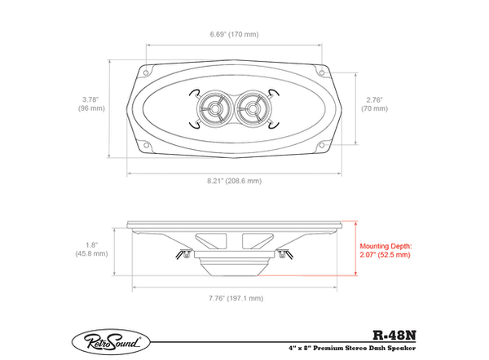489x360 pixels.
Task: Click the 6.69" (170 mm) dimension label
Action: (234, 34)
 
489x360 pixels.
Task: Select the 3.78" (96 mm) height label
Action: (91, 104)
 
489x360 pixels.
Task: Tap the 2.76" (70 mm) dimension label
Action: (375, 104)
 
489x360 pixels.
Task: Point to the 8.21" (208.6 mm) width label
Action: (235, 181)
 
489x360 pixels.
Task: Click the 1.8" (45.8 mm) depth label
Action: (91, 249)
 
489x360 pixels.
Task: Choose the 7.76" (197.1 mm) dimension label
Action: (236, 298)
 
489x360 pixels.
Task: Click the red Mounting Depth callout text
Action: (385, 251)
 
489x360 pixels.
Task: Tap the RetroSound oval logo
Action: (111, 342)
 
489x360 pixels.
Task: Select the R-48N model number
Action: (394, 336)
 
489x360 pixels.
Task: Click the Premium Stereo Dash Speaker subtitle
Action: (351, 348)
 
